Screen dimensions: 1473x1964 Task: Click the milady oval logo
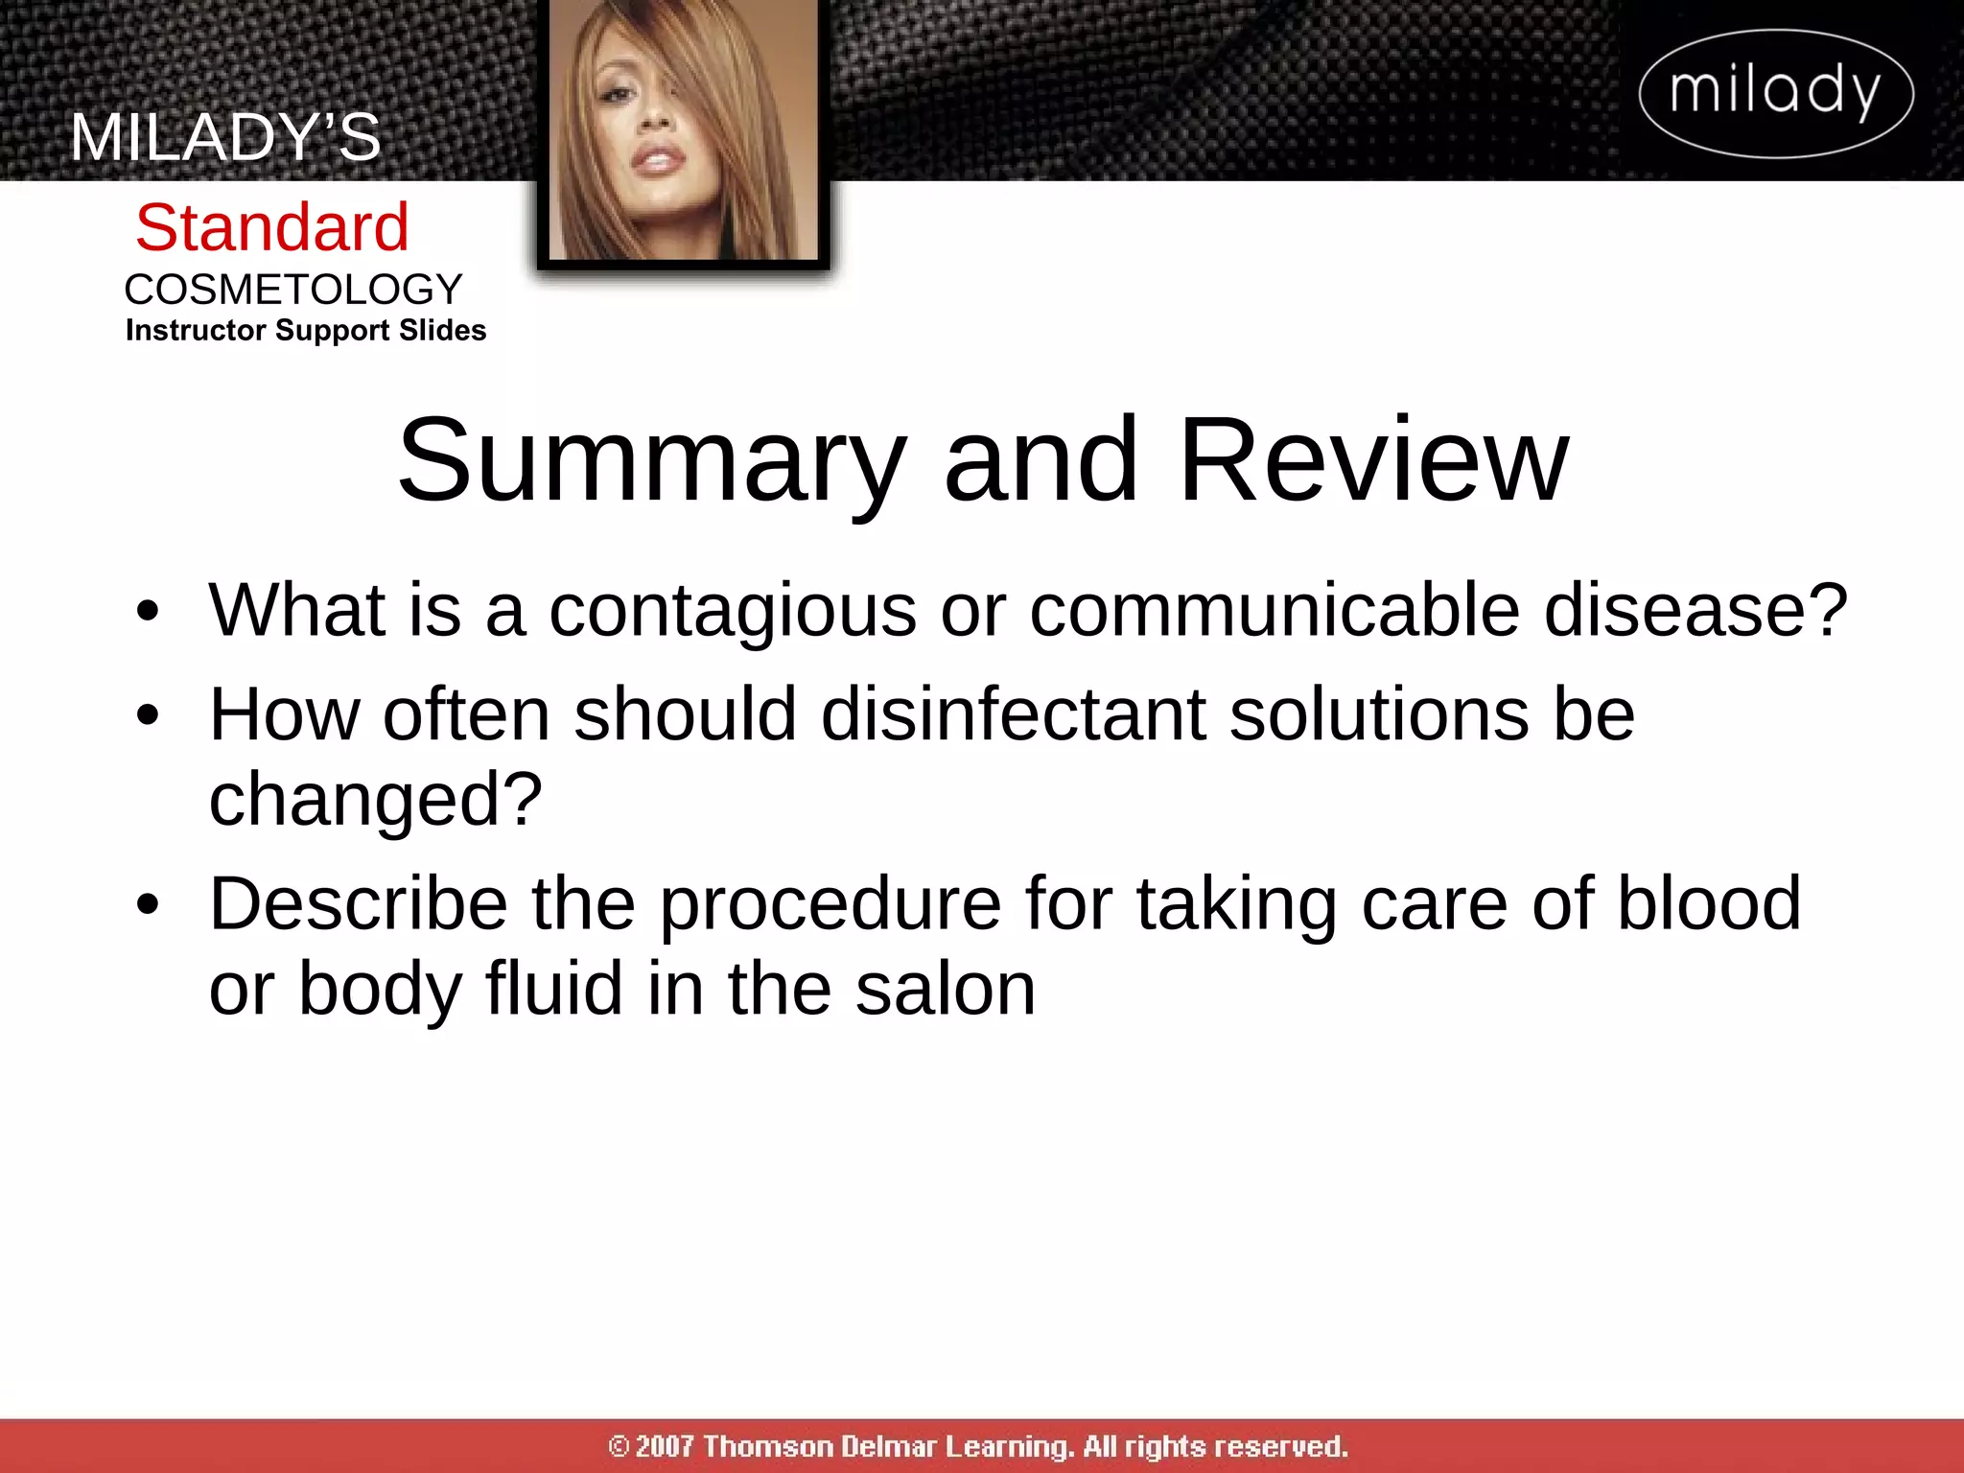(1776, 93)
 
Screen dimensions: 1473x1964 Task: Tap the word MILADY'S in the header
(225, 137)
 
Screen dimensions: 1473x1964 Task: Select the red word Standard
(272, 228)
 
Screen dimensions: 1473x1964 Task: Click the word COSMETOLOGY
(293, 290)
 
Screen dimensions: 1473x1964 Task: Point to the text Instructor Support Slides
(306, 330)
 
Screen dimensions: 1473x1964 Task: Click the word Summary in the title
(652, 462)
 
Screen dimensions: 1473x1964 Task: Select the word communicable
(1274, 610)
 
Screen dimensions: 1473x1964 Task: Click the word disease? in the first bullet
(1695, 610)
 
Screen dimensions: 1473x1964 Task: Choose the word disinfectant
(1013, 714)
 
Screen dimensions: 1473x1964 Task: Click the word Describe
(359, 903)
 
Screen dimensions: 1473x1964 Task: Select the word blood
(1709, 903)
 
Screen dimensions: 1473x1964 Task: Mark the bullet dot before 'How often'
(147, 715)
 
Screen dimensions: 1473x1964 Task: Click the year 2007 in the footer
(664, 1446)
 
